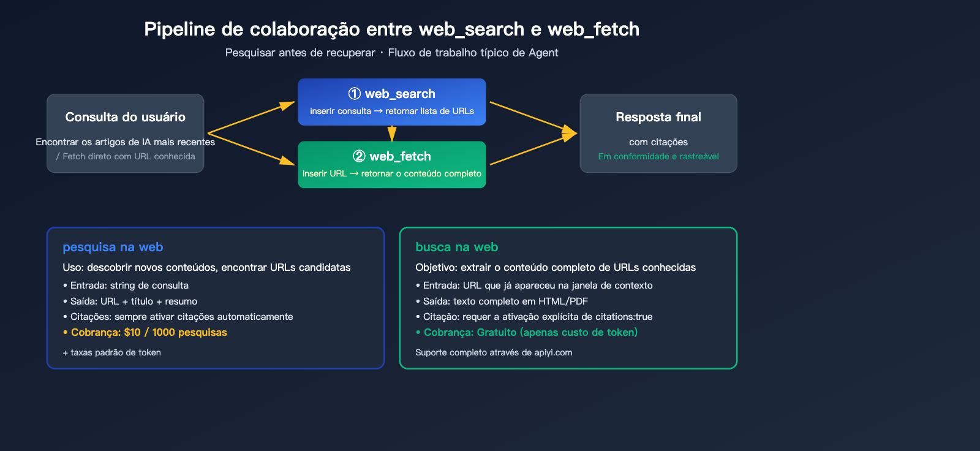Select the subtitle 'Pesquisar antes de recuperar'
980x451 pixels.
tap(300, 53)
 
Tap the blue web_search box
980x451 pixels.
tap(392, 102)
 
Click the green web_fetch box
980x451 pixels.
tap(392, 165)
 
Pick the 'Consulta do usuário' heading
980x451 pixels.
tap(125, 117)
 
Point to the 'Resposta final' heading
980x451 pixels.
tap(658, 117)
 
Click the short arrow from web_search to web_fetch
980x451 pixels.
tap(392, 133)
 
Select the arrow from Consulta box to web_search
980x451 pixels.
tap(251, 118)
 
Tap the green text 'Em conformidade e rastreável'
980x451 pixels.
tap(658, 156)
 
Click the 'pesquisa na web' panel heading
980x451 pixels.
tap(113, 247)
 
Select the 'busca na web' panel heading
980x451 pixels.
tap(456, 247)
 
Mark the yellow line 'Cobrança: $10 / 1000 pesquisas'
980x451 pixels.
tap(148, 332)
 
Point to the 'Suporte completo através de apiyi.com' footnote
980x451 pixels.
tap(494, 352)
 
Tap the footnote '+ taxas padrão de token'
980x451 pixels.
tap(112, 352)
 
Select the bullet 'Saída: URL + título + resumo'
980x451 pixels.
tap(134, 301)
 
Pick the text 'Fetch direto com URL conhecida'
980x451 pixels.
tap(129, 156)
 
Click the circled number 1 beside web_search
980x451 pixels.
tap(354, 94)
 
